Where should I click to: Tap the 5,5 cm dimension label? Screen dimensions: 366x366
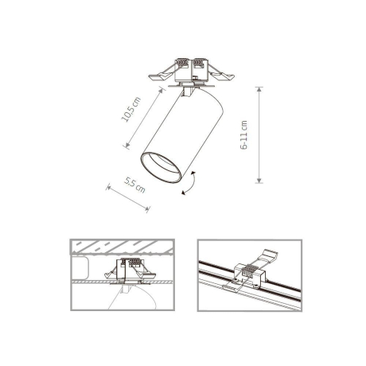(134, 187)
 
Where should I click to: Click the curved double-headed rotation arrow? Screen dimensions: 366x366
(189, 185)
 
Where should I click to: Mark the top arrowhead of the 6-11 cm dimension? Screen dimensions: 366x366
(259, 88)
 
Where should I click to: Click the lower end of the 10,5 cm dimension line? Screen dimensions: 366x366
(126, 147)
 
